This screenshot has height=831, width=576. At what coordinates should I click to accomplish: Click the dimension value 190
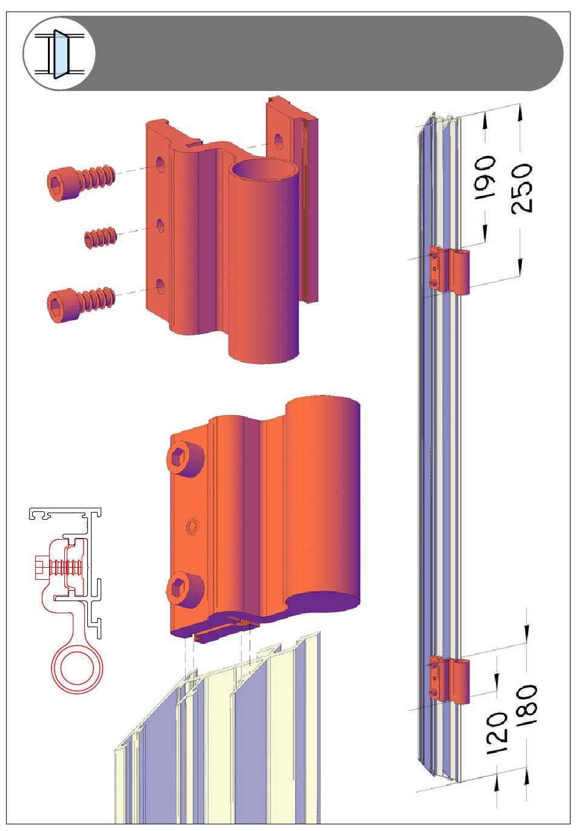[x=484, y=177]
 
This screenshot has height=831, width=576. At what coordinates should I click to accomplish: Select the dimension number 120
[x=496, y=733]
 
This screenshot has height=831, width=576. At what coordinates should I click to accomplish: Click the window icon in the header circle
[x=59, y=54]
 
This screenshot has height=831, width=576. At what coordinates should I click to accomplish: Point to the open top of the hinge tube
[x=265, y=170]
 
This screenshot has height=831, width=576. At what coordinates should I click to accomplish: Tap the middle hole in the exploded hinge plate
[x=161, y=226]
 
